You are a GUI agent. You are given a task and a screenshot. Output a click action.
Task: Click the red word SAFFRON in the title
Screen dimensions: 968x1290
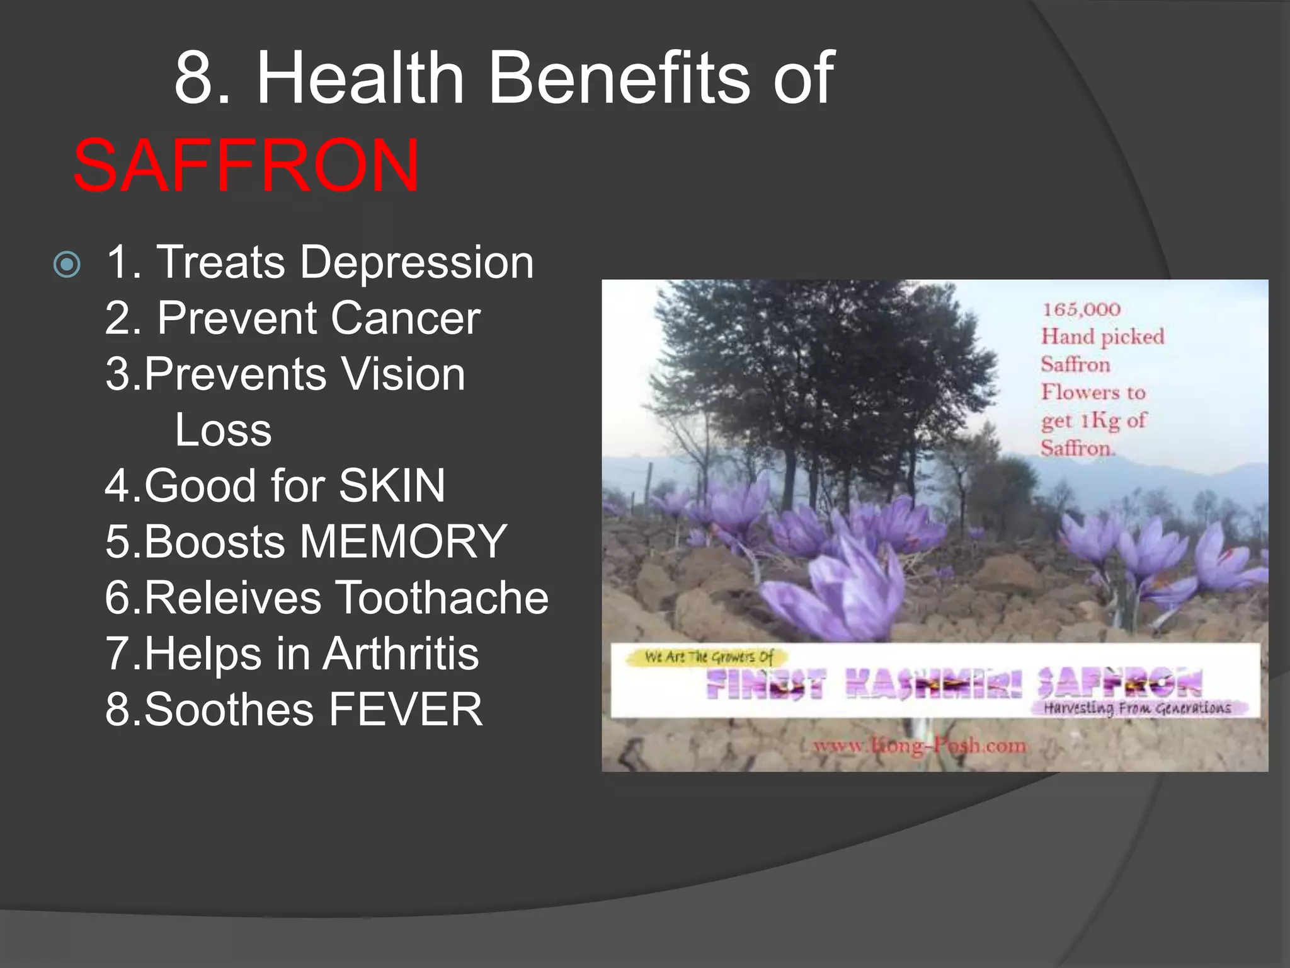click(x=246, y=165)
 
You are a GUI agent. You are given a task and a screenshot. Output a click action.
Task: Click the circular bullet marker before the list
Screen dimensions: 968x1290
click(x=67, y=265)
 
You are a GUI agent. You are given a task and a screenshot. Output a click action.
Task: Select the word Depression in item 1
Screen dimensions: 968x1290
click(x=416, y=262)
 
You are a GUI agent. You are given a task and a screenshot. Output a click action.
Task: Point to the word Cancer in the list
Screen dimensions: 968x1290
click(x=406, y=318)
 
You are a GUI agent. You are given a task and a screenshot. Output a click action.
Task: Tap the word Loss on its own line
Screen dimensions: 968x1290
click(x=223, y=430)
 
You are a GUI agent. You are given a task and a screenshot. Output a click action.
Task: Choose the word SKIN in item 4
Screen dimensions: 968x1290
click(x=392, y=486)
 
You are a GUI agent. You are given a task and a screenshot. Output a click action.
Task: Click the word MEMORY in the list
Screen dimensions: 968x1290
click(x=403, y=542)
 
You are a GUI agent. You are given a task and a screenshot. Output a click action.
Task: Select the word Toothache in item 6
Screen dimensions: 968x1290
click(x=442, y=597)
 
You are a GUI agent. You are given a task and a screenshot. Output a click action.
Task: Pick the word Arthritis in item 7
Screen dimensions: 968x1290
click(x=401, y=654)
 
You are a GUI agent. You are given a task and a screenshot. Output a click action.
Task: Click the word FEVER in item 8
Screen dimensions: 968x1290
click(x=406, y=710)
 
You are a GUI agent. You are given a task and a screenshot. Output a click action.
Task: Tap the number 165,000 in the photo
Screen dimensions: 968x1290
click(x=1081, y=310)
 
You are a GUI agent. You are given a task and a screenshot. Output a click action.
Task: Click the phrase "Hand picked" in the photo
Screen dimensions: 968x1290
click(x=1102, y=337)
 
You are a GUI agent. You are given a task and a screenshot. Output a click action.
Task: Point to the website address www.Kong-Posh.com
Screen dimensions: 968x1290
click(x=920, y=746)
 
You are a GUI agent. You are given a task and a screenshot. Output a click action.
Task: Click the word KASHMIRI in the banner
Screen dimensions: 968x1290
click(x=933, y=684)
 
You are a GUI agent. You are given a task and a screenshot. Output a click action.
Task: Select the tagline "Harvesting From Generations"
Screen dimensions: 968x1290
click(x=1137, y=708)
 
